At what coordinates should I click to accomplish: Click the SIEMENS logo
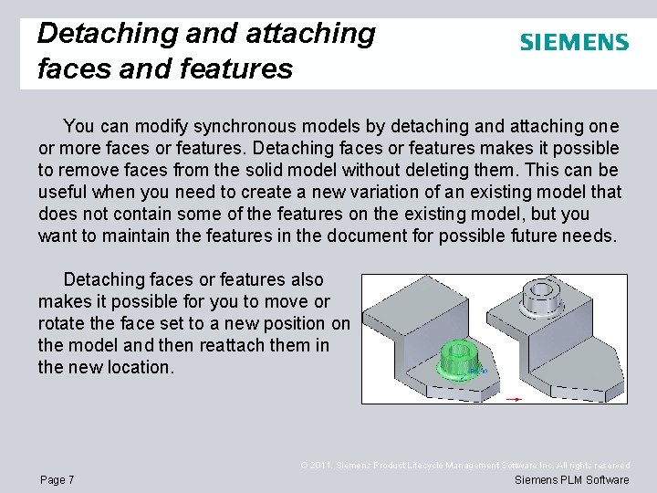coord(574,42)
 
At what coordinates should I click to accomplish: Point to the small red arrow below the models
coord(514,398)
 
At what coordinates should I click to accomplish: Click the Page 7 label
coord(57,480)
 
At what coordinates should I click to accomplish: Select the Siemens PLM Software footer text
coord(571,480)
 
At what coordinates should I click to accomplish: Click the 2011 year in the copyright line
coord(324,466)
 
